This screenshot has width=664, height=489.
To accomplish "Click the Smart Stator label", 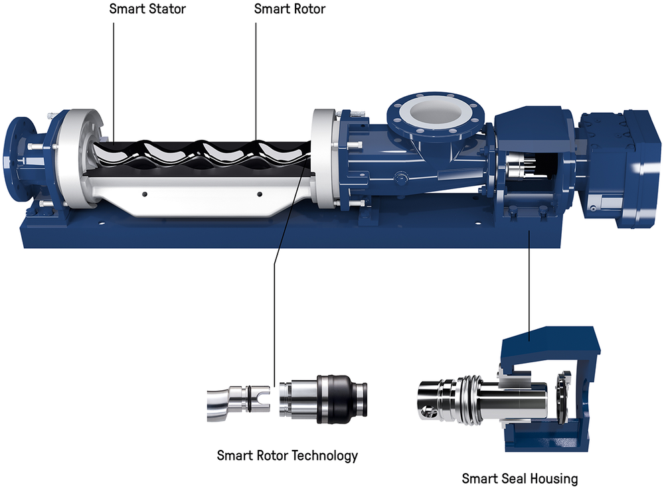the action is [x=147, y=9].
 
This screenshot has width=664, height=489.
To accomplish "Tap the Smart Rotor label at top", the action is [x=290, y=9].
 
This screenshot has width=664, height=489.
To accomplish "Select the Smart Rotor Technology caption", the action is [x=287, y=456].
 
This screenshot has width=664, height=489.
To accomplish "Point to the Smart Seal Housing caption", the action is [x=520, y=478].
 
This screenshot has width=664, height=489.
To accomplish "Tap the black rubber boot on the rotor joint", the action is [x=334, y=399].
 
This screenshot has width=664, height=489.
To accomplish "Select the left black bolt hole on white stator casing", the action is [x=145, y=194].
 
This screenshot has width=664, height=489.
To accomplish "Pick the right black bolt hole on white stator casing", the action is [x=260, y=194].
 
